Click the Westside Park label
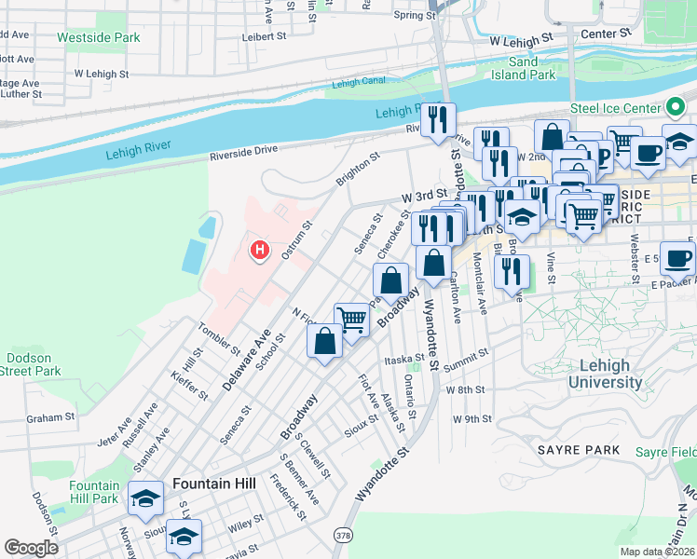pos(98,38)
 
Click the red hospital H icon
pos(261,250)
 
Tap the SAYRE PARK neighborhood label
pos(578,450)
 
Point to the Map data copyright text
pos(657,552)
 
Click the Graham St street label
pos(48,418)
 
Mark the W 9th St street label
pos(471,419)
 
